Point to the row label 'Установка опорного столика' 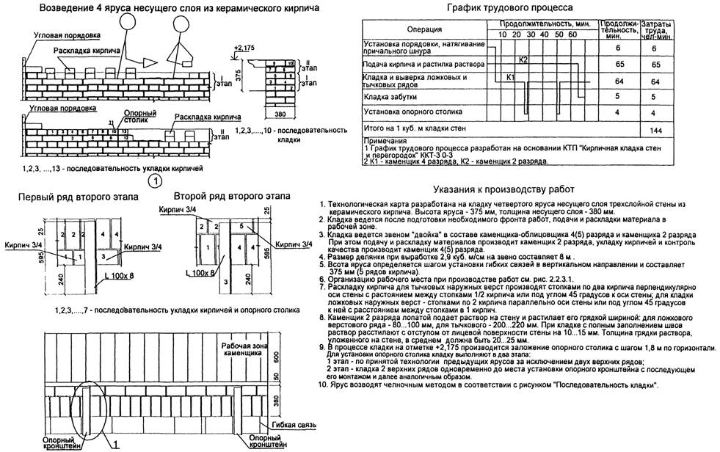point(413,112)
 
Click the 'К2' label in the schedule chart point(523,59)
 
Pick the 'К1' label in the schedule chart point(512,77)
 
